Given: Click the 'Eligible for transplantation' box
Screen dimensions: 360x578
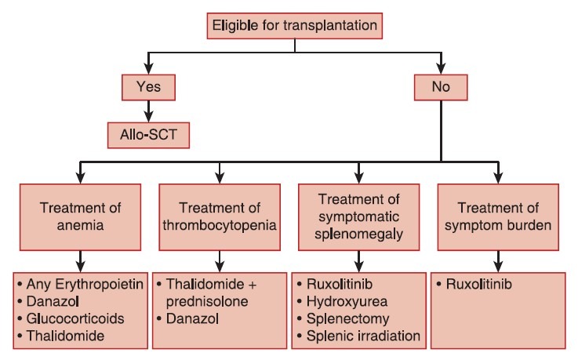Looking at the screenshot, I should [x=295, y=26].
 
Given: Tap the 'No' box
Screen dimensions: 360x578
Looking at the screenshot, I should [x=441, y=87].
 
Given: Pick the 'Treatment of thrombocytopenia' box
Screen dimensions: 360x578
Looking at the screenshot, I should [x=220, y=214].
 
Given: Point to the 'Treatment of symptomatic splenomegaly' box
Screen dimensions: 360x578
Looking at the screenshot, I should [x=358, y=214].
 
